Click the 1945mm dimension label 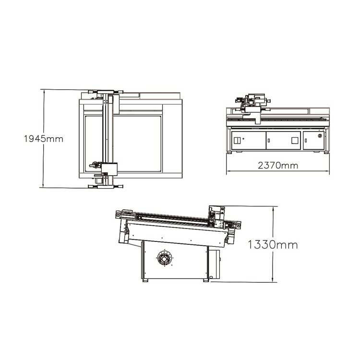tap(44, 139)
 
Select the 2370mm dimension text tap(278, 166)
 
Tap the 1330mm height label tap(273, 245)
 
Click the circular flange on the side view tap(164, 259)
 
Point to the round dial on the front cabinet tap(320, 136)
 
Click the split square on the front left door tap(237, 140)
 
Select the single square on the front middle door tap(295, 141)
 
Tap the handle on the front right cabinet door tap(306, 141)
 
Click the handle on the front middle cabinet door tap(269, 141)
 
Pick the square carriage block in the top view tap(109, 169)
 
